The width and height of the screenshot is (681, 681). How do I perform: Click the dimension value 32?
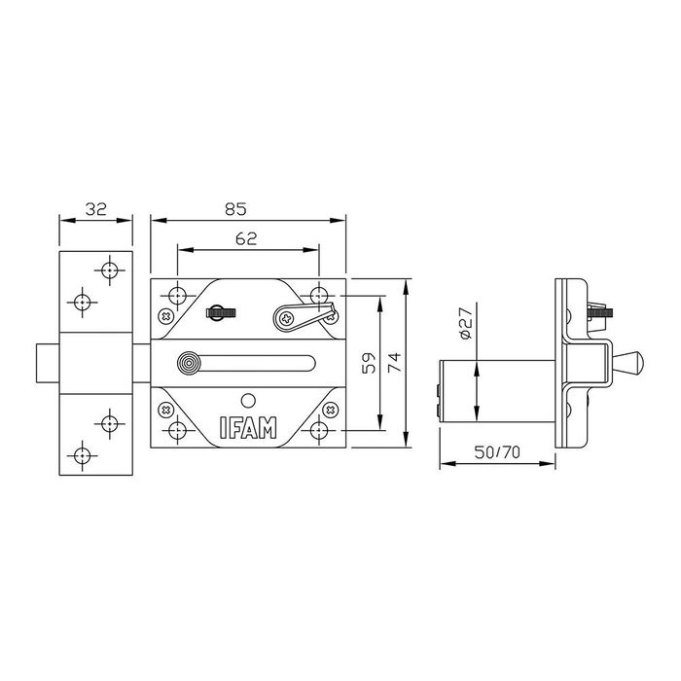coord(94,207)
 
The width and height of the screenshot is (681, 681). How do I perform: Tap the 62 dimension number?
coord(246,238)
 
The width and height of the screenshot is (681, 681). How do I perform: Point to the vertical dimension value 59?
coord(369,363)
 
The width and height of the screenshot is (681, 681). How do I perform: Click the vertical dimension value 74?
coord(394,363)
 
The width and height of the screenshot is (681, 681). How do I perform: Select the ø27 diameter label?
coord(465,322)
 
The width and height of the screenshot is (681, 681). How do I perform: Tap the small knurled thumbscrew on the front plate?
coord(221,313)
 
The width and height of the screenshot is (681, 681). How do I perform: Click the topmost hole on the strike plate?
coord(108,269)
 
